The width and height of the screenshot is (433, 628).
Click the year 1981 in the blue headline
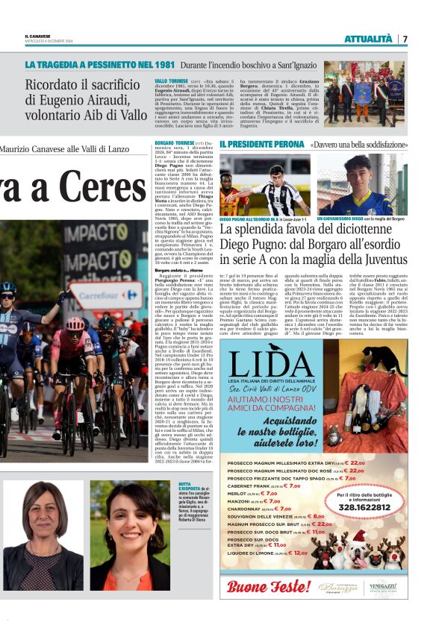(158, 65)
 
